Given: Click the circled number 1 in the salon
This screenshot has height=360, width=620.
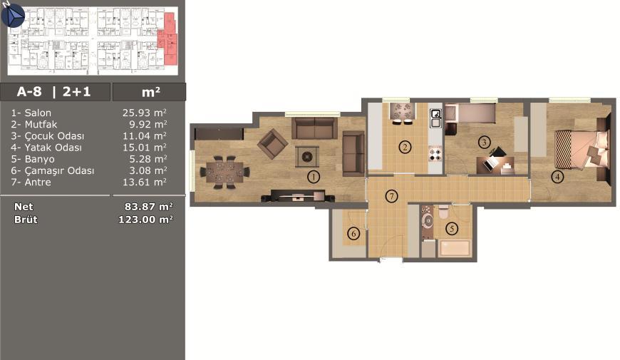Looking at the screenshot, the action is pyautogui.click(x=314, y=177).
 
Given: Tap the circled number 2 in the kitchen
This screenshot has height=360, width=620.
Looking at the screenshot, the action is pyautogui.click(x=405, y=148).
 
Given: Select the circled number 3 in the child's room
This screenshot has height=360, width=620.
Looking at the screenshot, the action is pyautogui.click(x=484, y=142).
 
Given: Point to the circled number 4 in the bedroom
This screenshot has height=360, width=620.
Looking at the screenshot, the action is pyautogui.click(x=557, y=177).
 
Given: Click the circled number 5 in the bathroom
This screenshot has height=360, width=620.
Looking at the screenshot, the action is pyautogui.click(x=452, y=228).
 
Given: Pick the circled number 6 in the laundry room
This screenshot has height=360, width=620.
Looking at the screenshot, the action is pyautogui.click(x=353, y=233).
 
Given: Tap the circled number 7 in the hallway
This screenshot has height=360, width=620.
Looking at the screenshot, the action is pyautogui.click(x=391, y=196).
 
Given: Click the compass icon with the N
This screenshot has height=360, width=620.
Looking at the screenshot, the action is pyautogui.click(x=13, y=15).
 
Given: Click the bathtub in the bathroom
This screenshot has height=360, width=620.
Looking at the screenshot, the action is pyautogui.click(x=455, y=248).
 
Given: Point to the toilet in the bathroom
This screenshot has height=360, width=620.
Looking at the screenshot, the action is pyautogui.click(x=443, y=212).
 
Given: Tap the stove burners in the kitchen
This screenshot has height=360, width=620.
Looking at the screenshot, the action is pyautogui.click(x=435, y=153).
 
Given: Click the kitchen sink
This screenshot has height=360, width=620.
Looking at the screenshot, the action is pyautogui.click(x=435, y=118).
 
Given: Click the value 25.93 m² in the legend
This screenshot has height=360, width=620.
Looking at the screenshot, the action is pyautogui.click(x=145, y=113).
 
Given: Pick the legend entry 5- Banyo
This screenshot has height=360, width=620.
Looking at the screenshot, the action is pyautogui.click(x=33, y=159).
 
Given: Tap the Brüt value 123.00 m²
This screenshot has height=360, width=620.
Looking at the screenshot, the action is pyautogui.click(x=145, y=220).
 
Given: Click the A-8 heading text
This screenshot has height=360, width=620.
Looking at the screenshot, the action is pyautogui.click(x=29, y=92).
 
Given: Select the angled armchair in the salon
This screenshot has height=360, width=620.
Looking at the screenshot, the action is pyautogui.click(x=272, y=144).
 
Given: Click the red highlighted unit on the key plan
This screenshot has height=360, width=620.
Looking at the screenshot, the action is pyautogui.click(x=168, y=39).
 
